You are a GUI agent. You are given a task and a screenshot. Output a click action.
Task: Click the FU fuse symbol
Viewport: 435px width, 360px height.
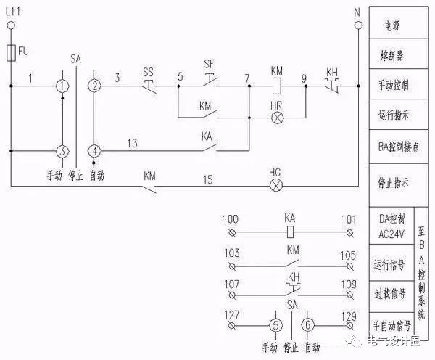tap(12, 52)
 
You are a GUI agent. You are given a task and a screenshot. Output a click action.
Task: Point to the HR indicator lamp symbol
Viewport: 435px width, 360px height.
tap(275, 117)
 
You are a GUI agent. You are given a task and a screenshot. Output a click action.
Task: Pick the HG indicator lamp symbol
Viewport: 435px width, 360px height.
tap(275, 184)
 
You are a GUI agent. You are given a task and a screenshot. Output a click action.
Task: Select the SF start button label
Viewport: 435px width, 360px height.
tap(209, 64)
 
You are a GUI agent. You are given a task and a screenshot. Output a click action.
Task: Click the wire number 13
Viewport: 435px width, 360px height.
tap(132, 144)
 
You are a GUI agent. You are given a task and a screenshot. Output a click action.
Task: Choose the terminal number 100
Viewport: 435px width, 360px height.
tap(231, 218)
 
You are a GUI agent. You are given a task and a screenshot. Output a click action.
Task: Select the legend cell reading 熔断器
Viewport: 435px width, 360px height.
tap(391, 55)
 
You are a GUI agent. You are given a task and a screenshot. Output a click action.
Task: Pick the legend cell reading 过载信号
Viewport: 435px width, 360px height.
tap(390, 294)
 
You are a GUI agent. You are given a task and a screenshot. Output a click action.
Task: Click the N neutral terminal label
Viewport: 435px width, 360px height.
tap(356, 12)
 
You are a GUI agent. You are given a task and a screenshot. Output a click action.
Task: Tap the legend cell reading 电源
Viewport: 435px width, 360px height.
tap(391, 25)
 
